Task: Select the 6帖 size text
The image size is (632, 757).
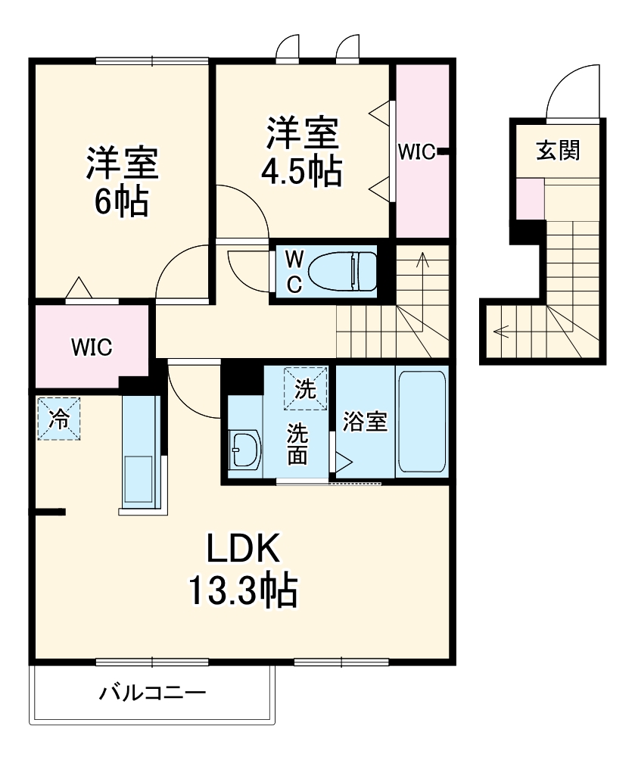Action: click(x=121, y=201)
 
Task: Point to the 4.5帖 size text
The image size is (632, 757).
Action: click(x=300, y=173)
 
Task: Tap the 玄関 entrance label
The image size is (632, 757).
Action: click(x=559, y=151)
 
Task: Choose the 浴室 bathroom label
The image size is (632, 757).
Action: click(x=365, y=422)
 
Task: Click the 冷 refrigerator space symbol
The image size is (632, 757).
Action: click(x=58, y=417)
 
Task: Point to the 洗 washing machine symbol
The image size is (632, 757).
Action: click(x=305, y=388)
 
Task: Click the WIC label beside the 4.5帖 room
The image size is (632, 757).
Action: click(x=415, y=152)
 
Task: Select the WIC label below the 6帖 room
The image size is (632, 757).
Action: click(x=92, y=347)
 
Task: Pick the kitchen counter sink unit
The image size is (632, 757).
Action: click(x=140, y=454)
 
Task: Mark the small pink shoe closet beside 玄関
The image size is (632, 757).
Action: click(x=530, y=198)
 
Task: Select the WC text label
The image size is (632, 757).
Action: click(x=294, y=271)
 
